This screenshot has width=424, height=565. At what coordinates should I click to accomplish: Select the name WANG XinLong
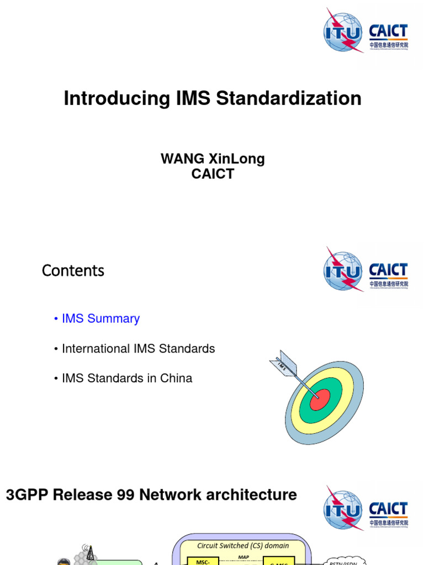pos(213,159)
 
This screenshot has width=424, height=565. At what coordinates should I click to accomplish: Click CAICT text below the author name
pos(213,174)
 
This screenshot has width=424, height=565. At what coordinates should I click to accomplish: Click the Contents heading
pos(73,271)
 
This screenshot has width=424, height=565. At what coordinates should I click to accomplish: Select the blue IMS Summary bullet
pos(100,318)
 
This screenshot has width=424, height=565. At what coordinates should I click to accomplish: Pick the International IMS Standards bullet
pos(138,349)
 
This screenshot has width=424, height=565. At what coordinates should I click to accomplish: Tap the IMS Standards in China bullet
pos(127,379)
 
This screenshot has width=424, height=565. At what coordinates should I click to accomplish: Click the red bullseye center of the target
pos(320,399)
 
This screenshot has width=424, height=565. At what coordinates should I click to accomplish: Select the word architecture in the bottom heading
pos(254,495)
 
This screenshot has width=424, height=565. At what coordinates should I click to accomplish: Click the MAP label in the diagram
pos(243,557)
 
